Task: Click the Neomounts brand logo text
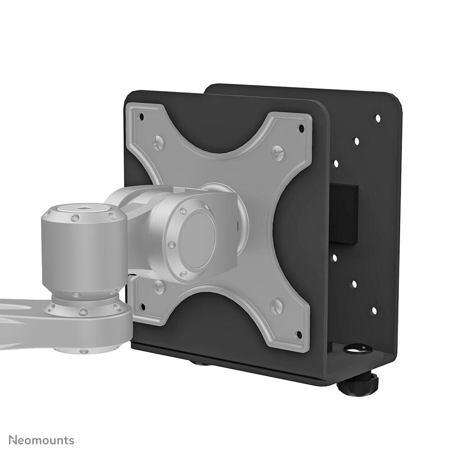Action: click(42, 440)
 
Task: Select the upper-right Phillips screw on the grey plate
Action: click(277, 153)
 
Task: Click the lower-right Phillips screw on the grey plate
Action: click(276, 306)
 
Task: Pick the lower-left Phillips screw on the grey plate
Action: click(158, 287)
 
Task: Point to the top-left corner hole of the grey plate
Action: click(141, 116)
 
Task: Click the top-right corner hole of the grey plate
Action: click(301, 129)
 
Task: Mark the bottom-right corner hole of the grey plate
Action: click(299, 334)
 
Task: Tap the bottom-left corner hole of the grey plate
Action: click(143, 307)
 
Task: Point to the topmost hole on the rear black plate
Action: click(378, 118)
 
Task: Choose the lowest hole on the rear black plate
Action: click(374, 311)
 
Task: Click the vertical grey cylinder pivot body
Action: click(84, 253)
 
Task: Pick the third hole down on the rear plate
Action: click(336, 164)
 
